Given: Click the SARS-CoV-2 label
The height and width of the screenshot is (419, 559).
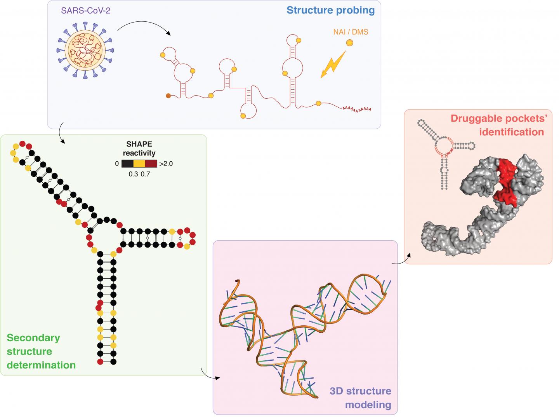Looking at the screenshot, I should (86, 10).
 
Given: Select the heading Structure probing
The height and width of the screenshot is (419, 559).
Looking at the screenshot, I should (331, 10).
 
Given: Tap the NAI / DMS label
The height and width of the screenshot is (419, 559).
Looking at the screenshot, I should (351, 32).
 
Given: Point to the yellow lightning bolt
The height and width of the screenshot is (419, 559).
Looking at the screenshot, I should (333, 65).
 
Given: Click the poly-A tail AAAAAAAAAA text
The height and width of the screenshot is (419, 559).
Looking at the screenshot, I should (356, 109).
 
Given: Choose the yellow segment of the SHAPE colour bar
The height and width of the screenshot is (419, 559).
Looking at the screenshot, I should (139, 164).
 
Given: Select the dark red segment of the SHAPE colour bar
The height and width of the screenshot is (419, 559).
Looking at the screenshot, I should (151, 164).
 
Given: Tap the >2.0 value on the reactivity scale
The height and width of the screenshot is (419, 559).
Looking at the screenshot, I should (166, 164).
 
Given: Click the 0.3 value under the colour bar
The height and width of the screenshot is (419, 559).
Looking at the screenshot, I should (133, 174).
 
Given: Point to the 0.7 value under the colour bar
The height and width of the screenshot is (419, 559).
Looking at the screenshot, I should (146, 174).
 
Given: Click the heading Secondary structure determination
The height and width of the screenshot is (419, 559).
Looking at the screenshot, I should (41, 351).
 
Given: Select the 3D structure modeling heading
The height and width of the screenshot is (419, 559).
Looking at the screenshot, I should (360, 398).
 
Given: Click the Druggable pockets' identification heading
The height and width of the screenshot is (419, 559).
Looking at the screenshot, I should (497, 125).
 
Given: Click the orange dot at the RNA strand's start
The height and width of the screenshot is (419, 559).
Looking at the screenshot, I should (168, 96).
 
